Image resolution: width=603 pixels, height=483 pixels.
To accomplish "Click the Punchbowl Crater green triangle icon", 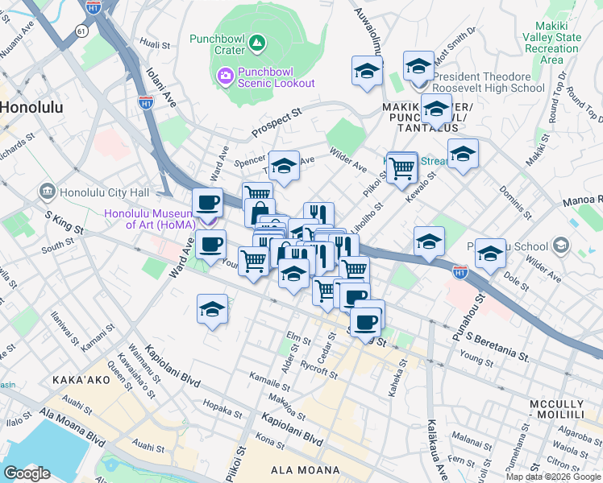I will click(256, 41).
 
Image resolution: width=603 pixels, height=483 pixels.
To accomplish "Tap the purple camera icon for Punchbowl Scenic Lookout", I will click(225, 76).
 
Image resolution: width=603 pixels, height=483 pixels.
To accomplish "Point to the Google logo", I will click(27, 473).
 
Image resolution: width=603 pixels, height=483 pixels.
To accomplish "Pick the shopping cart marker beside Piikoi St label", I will click(401, 169).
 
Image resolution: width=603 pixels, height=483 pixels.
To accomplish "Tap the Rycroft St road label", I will click(317, 371).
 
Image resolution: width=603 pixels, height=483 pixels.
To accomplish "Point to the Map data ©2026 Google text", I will click(553, 477).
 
